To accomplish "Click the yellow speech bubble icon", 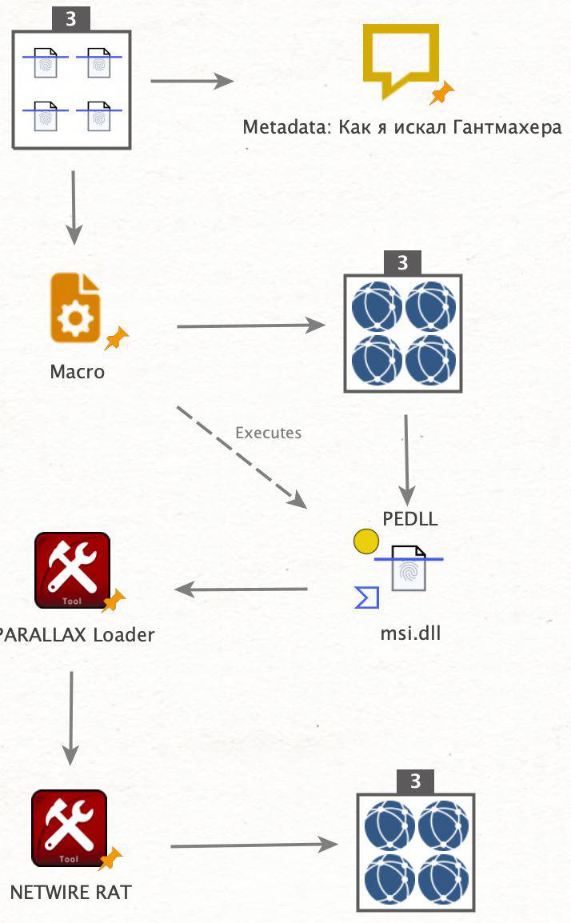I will [x=401, y=58].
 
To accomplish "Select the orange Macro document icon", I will [x=75, y=308].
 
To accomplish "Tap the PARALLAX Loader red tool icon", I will [x=72, y=570].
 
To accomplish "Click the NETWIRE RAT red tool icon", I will [x=69, y=828].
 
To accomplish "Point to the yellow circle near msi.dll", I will [x=365, y=542].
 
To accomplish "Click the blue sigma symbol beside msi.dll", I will [x=366, y=597].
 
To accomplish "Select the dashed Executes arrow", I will [x=240, y=456].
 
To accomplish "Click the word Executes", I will [x=268, y=433].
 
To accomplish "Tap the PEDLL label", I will [x=409, y=518].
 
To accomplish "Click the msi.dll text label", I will [x=410, y=633].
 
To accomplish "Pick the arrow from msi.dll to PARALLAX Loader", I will [x=241, y=590].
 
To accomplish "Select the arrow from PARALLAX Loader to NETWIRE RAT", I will [x=71, y=717].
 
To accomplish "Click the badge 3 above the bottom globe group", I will [x=415, y=781].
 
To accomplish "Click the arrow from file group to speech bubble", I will [x=192, y=81].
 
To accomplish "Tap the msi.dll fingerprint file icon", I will [x=409, y=567].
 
